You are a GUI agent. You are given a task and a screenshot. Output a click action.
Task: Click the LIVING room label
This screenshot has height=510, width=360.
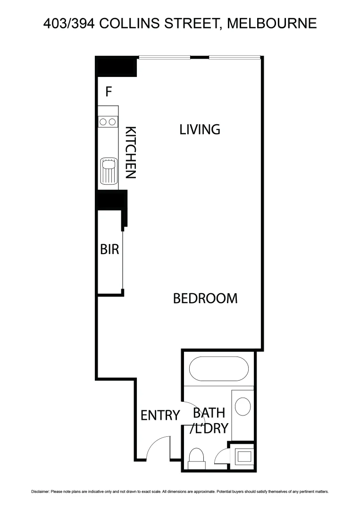[x=200, y=129]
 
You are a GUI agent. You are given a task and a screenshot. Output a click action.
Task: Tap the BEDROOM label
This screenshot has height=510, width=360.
[x=205, y=298]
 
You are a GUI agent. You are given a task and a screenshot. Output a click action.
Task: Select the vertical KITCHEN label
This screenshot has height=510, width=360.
[x=130, y=152]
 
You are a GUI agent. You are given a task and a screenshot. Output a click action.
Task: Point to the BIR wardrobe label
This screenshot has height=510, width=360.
[x=109, y=249]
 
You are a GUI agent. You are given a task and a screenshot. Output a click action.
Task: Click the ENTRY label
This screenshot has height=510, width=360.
[x=160, y=415]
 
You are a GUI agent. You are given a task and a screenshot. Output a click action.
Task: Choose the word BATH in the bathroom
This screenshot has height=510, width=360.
[x=209, y=412]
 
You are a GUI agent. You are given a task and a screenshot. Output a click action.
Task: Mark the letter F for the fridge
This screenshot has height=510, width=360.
[x=109, y=92]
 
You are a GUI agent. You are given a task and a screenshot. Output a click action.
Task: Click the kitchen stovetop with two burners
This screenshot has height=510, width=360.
[x=108, y=122]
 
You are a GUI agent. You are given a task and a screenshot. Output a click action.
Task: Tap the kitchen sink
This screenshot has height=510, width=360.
[x=108, y=171]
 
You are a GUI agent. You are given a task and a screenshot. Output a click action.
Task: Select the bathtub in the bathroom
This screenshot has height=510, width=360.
[x=218, y=368]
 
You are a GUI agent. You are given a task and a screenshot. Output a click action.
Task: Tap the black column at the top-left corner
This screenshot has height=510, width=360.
[x=116, y=66]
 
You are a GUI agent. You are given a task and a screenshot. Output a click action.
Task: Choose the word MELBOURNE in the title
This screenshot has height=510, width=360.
[x=272, y=23]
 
